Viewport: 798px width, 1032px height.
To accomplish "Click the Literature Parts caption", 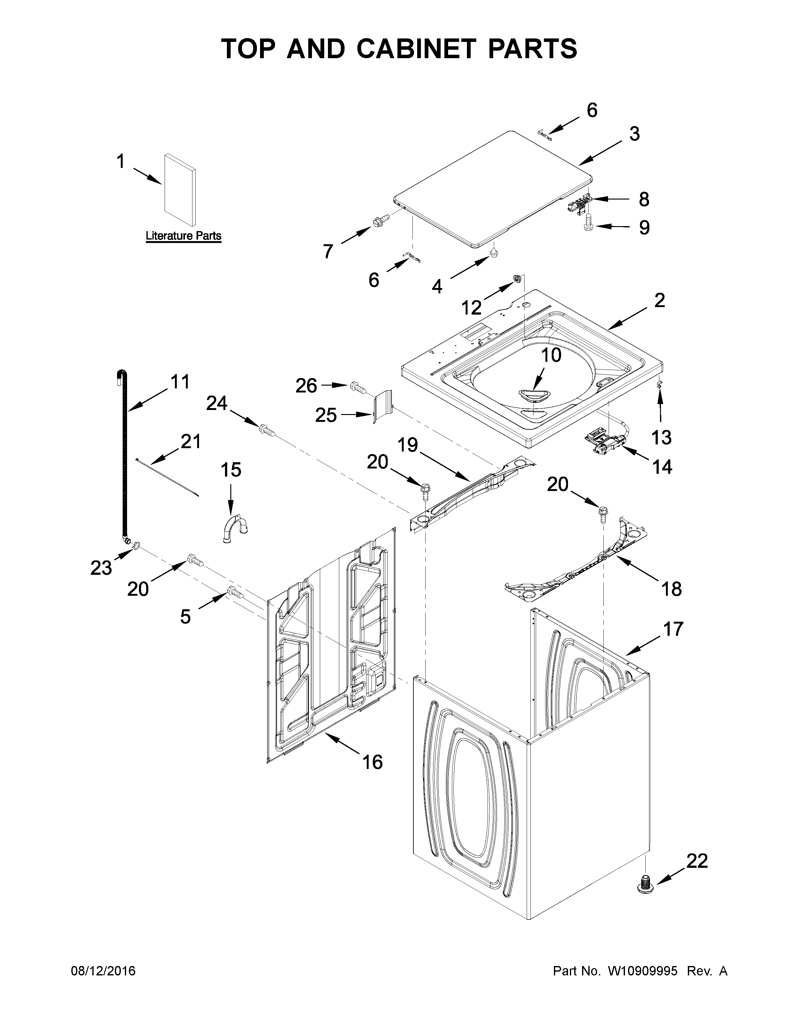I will point(183,235).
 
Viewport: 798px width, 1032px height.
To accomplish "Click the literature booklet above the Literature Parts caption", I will point(180,189).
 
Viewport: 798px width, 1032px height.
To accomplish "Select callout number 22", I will point(696,861).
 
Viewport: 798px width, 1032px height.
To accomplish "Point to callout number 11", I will point(180,381).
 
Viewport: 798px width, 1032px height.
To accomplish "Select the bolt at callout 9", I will point(589,221).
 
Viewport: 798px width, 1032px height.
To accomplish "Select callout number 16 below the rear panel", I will point(372,762).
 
